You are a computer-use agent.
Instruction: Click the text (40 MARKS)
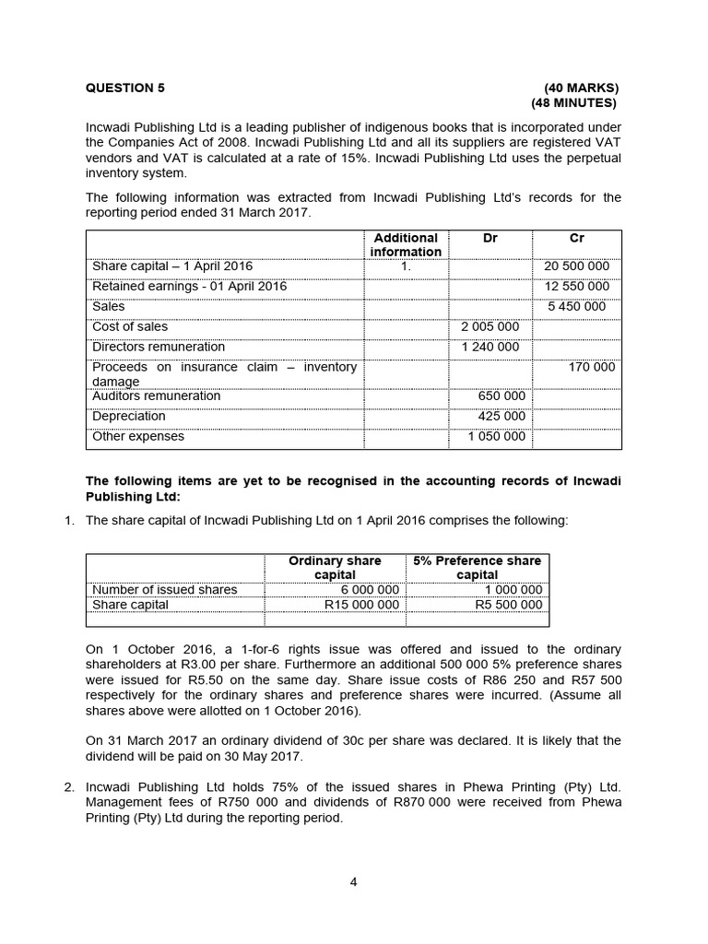[x=581, y=88]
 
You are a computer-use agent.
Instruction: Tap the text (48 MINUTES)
[x=573, y=103]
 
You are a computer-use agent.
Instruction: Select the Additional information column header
[x=406, y=245]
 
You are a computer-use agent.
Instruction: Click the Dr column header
[x=490, y=238]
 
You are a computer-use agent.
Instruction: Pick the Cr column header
[x=577, y=238]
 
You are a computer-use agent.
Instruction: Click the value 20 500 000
[x=577, y=266]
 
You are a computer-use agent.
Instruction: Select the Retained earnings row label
[x=189, y=287]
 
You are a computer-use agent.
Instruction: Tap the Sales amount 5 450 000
[x=577, y=307]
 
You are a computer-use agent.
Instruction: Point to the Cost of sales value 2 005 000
[x=490, y=327]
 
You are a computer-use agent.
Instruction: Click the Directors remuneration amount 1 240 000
[x=490, y=348]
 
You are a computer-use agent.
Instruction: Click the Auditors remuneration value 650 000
[x=501, y=396]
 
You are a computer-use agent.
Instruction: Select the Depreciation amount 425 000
[x=501, y=417]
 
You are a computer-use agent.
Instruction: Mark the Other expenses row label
[x=138, y=437]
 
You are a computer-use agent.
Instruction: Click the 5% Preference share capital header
[x=477, y=568]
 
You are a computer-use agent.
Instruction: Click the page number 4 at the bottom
[x=353, y=881]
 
